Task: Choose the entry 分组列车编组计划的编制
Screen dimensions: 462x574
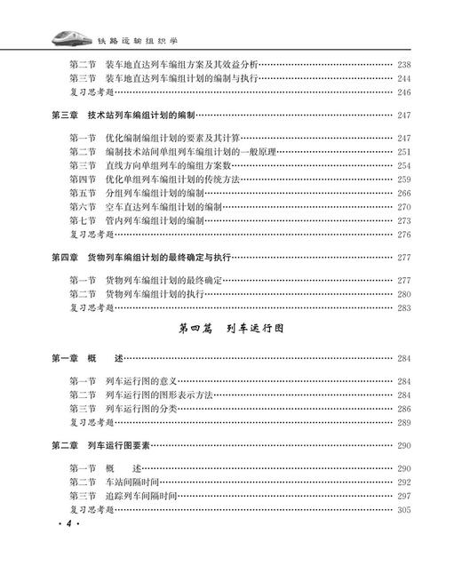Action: [x=142, y=192]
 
